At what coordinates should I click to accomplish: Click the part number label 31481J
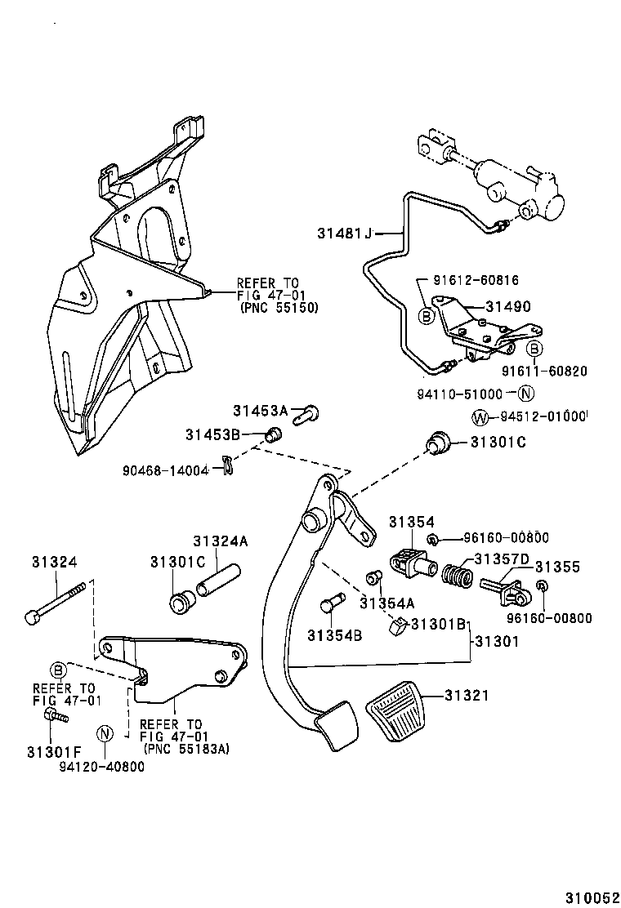coord(344,234)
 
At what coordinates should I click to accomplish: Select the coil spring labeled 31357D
coord(458,575)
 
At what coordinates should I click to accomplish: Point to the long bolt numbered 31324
coord(58,601)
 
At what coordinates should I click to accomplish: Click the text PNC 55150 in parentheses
coord(279,308)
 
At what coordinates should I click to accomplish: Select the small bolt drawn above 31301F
coord(55,716)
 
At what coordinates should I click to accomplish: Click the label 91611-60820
coord(546,372)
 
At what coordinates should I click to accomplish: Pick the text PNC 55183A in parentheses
coord(185,747)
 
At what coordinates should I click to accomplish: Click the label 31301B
coord(437,624)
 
